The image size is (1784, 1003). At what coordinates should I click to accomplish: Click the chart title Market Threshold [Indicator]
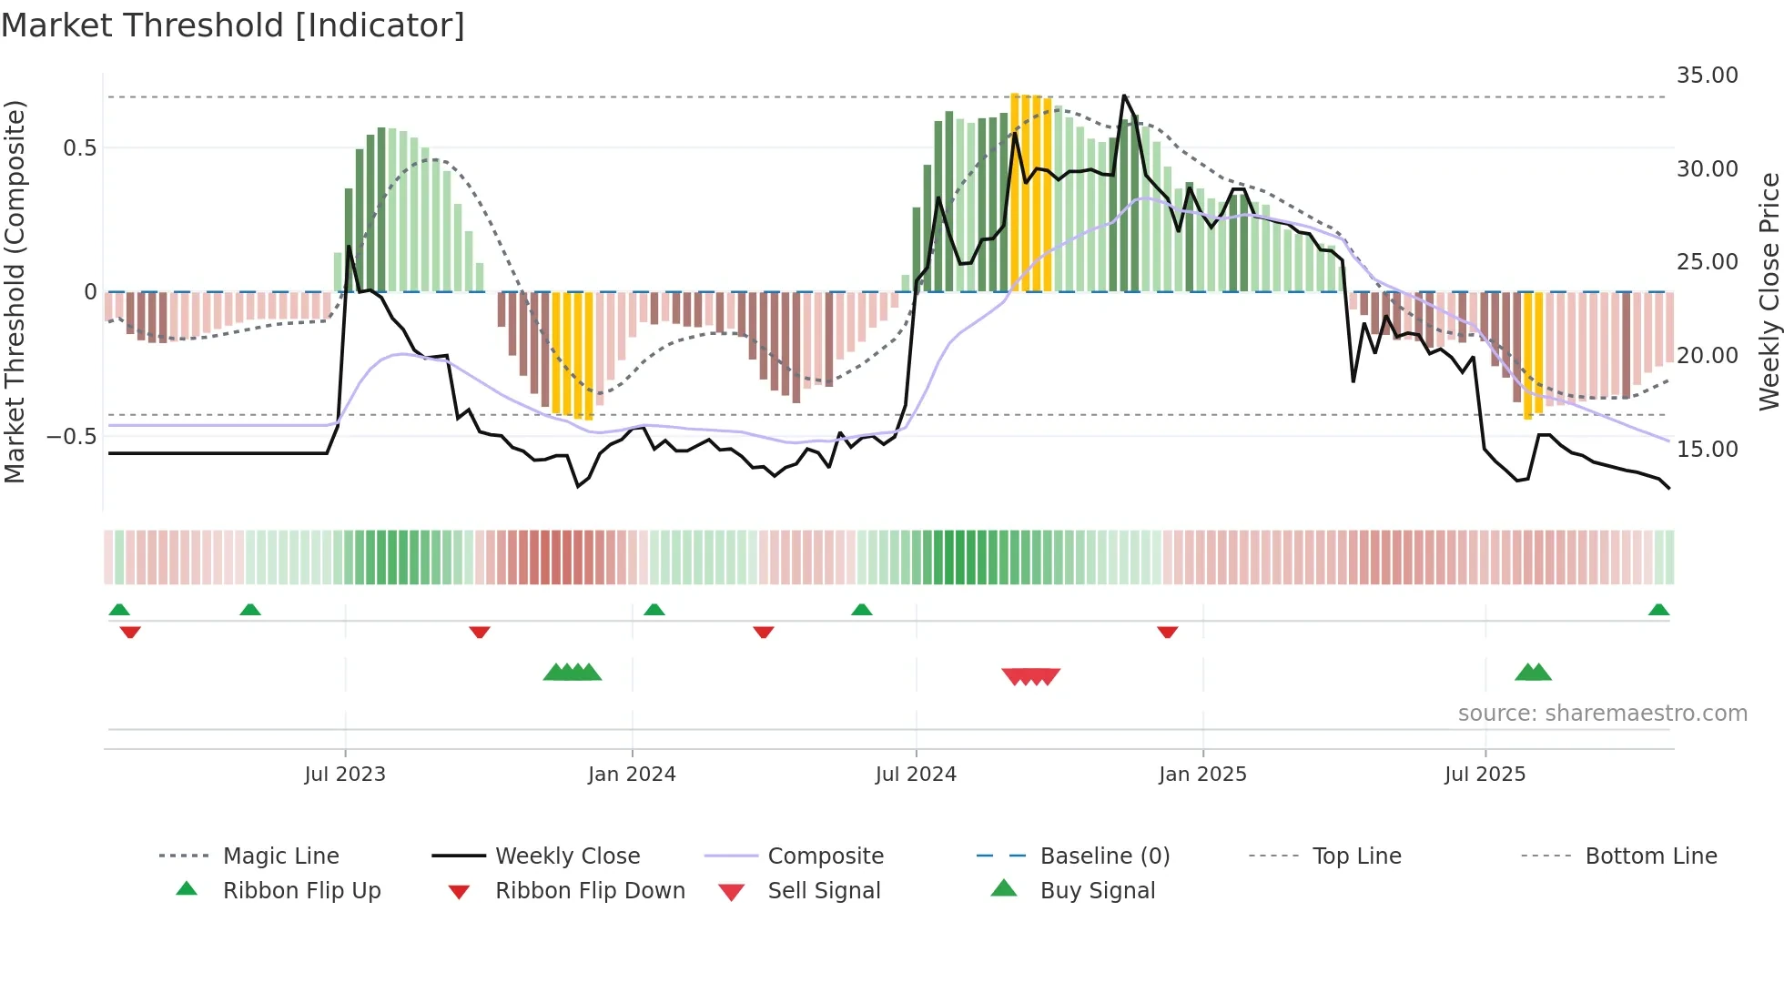pyautogui.click(x=233, y=25)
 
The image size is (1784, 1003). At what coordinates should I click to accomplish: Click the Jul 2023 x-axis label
pyautogui.click(x=345, y=775)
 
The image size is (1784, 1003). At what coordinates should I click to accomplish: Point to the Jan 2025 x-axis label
pyautogui.click(x=1202, y=775)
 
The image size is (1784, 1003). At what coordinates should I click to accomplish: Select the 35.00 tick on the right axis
pyautogui.click(x=1707, y=76)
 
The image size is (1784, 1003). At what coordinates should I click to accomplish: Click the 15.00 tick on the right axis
pyautogui.click(x=1707, y=450)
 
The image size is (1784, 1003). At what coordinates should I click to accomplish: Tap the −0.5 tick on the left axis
pyautogui.click(x=72, y=437)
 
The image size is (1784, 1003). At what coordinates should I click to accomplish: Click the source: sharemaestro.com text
pyautogui.click(x=1602, y=714)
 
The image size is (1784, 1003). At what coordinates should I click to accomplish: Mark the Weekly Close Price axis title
pyautogui.click(x=1769, y=291)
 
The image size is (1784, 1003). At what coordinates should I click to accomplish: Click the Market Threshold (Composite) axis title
pyautogui.click(x=15, y=291)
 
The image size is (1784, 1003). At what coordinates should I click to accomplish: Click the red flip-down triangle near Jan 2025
pyautogui.click(x=1168, y=632)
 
